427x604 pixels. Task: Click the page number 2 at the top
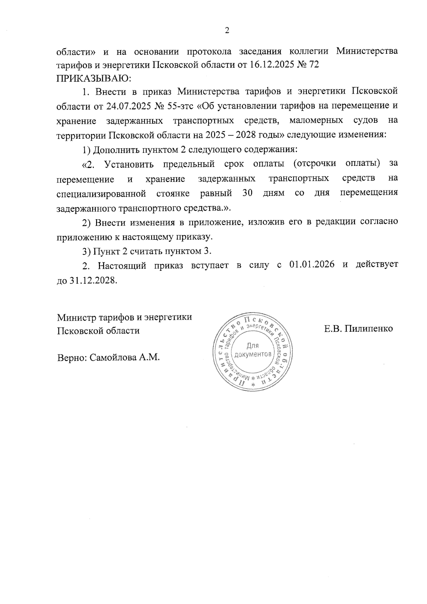227,31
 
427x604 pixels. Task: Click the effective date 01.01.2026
312,265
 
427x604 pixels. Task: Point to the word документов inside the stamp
253,354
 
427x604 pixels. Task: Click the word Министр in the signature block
75,317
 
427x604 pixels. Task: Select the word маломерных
316,121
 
